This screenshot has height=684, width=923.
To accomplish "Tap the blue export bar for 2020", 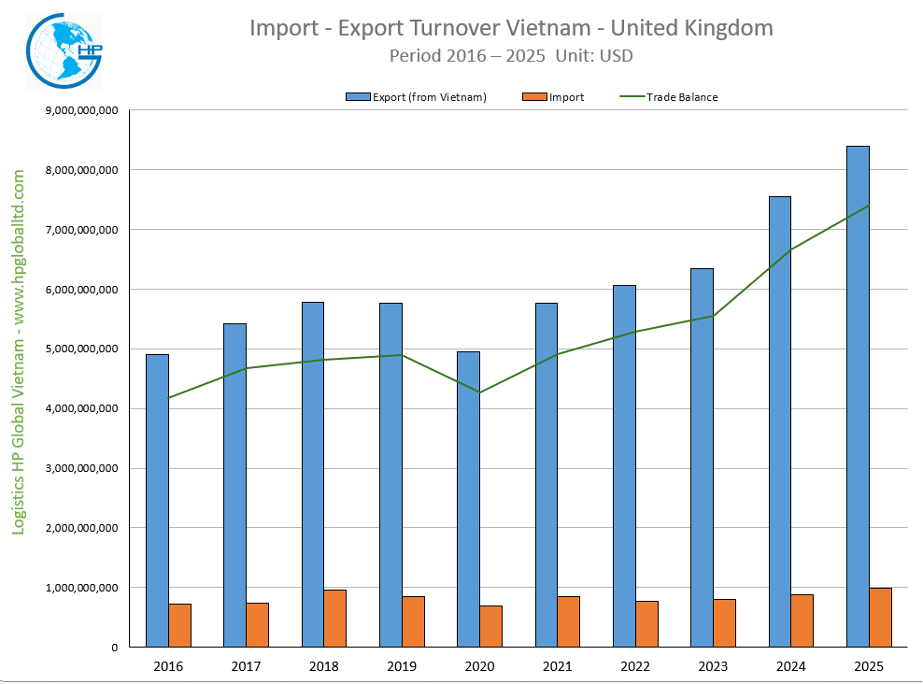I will [x=468, y=499].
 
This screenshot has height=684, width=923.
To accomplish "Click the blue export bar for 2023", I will [x=702, y=458].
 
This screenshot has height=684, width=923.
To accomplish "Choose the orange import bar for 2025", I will [x=880, y=617].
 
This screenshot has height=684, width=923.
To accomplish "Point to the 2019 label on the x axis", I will [x=401, y=666].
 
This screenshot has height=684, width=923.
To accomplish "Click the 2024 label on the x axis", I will [x=790, y=666].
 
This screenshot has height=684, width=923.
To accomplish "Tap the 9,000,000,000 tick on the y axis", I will [x=81, y=110].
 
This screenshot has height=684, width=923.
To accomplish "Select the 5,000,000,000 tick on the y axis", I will [x=81, y=349].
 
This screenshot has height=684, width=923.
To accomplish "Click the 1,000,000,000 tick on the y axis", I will [x=81, y=588].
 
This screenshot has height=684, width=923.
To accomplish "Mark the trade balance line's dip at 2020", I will [x=479, y=392].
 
